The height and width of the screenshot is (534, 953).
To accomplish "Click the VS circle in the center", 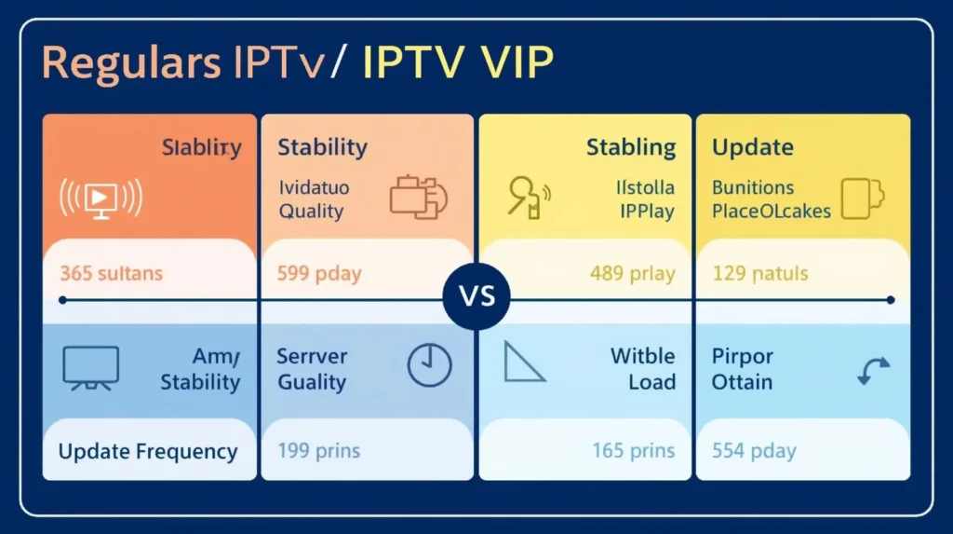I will (476, 299).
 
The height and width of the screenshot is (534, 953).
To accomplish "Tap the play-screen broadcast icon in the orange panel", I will (101, 198).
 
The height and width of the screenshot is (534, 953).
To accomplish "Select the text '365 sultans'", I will (111, 274).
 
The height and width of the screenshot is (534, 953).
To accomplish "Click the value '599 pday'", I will (319, 274).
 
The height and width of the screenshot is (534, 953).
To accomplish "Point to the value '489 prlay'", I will (633, 274).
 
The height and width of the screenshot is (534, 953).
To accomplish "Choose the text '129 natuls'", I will (760, 274).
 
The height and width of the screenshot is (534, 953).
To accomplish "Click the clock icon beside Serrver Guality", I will (429, 364).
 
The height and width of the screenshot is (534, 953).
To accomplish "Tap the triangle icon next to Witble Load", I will (524, 363).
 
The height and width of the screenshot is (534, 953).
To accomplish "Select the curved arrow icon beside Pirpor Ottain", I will (872, 370).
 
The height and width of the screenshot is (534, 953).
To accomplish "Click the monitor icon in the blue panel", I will (90, 365).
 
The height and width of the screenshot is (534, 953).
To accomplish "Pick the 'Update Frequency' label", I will (148, 452).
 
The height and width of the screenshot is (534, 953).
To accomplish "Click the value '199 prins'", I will (319, 452).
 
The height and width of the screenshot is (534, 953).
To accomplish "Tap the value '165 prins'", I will (634, 452).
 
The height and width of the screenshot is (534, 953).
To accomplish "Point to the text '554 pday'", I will (755, 452).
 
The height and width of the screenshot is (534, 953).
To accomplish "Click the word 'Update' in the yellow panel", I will (752, 147).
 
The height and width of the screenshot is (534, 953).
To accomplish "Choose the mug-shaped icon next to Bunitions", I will (862, 197).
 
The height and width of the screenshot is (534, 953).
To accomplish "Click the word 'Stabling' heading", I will (631, 147).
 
